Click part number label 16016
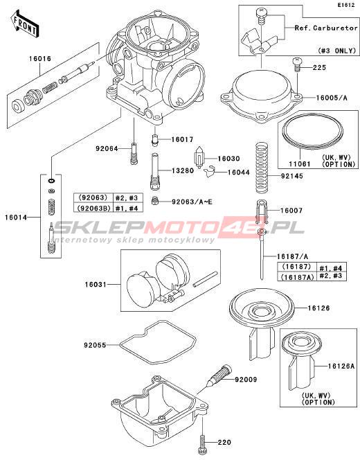tap(40, 59)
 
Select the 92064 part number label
tap(107, 149)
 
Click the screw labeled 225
tap(297, 64)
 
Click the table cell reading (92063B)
tap(93, 208)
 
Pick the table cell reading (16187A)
tap(297, 276)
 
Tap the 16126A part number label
tap(341, 366)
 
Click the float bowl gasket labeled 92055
tap(158, 342)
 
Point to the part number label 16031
tap(96, 285)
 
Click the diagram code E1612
tap(345, 5)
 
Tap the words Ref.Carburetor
tap(326, 28)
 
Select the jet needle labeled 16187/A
tap(262, 254)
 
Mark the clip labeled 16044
tap(210, 172)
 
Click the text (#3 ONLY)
tap(337, 51)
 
